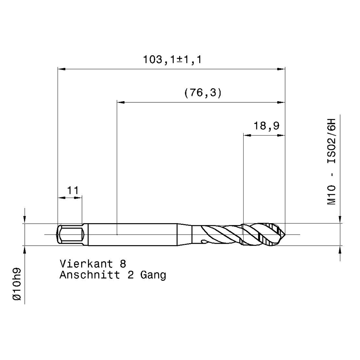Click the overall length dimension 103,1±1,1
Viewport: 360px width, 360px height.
tap(172, 60)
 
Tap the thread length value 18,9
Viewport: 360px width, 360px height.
tap(266, 126)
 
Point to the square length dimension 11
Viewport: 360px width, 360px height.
tap(73, 190)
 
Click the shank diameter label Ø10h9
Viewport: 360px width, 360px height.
tap(17, 284)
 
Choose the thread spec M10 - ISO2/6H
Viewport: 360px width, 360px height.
tap(331, 162)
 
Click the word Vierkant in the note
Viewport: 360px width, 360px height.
tap(86, 264)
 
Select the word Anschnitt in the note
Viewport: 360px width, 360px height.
tap(90, 275)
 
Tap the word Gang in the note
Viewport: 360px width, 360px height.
tap(153, 275)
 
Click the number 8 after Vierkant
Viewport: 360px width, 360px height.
tap(123, 264)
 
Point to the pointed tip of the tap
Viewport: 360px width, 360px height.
tap(285, 234)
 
